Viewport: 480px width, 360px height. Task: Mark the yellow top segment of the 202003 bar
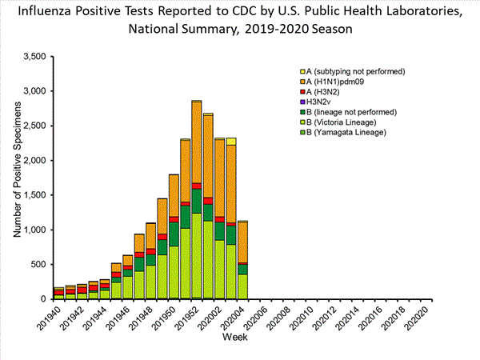click(x=231, y=141)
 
